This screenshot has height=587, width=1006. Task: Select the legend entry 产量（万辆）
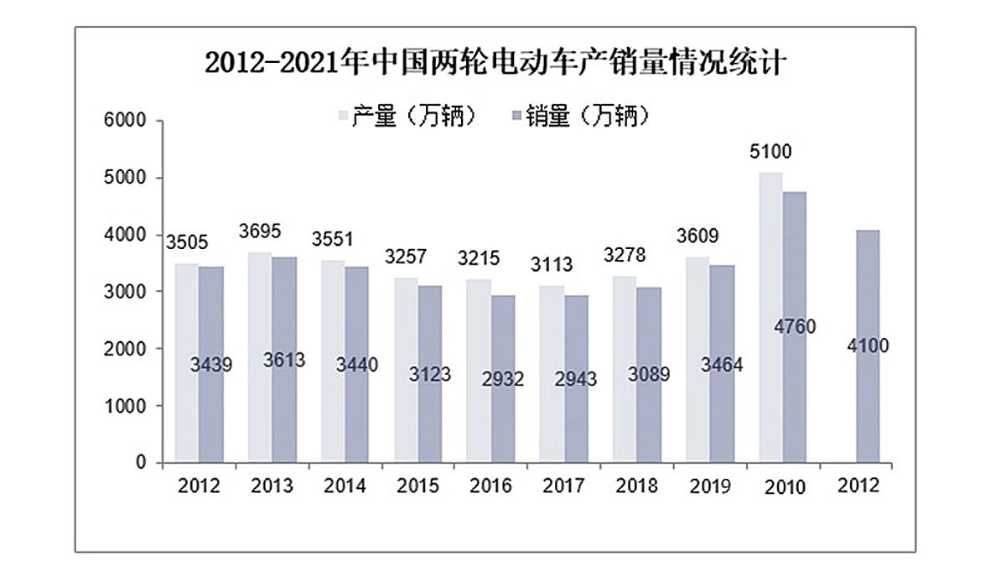click(x=407, y=117)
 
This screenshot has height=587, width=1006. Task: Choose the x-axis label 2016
click(x=490, y=486)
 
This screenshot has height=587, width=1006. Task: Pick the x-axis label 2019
click(x=709, y=486)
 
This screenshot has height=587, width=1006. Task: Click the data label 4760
click(x=796, y=325)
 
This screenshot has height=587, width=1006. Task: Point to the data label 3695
click(x=260, y=231)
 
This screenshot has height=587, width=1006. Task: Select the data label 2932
click(x=503, y=379)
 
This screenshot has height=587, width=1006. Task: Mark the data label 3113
click(x=552, y=265)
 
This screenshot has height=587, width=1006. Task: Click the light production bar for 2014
click(x=333, y=361)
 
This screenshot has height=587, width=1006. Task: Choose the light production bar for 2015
click(x=406, y=369)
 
